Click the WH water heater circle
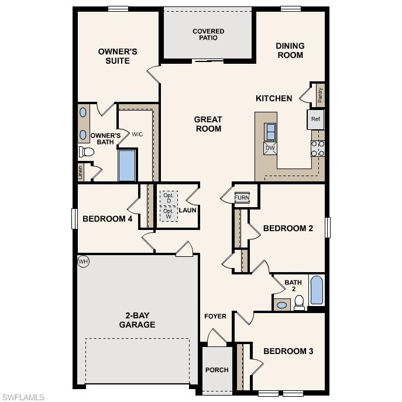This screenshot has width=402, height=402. click(83, 262)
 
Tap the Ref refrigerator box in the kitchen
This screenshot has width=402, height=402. click(316, 119)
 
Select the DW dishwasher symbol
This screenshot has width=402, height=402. click(270, 148)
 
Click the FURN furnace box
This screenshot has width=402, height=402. click(242, 198)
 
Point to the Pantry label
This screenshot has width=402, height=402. click(320, 95)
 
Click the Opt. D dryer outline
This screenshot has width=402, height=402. click(169, 198)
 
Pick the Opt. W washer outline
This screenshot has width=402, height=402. click(169, 214)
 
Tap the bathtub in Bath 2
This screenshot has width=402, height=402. click(317, 290)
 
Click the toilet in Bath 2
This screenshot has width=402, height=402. click(299, 302)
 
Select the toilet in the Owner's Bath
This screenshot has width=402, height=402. click(87, 152)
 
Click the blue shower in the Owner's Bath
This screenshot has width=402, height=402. click(127, 166)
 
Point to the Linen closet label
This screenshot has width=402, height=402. click(81, 173)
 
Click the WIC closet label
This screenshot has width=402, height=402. click(137, 135)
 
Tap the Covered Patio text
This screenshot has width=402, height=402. click(208, 35)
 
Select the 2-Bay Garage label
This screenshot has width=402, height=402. click(137, 319)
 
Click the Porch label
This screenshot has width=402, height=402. click(217, 370)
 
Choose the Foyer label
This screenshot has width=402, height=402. click(215, 317)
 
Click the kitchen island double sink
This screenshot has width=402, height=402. click(271, 132)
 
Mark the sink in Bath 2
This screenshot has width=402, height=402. click(282, 305)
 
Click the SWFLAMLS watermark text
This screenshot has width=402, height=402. click(23, 397)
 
